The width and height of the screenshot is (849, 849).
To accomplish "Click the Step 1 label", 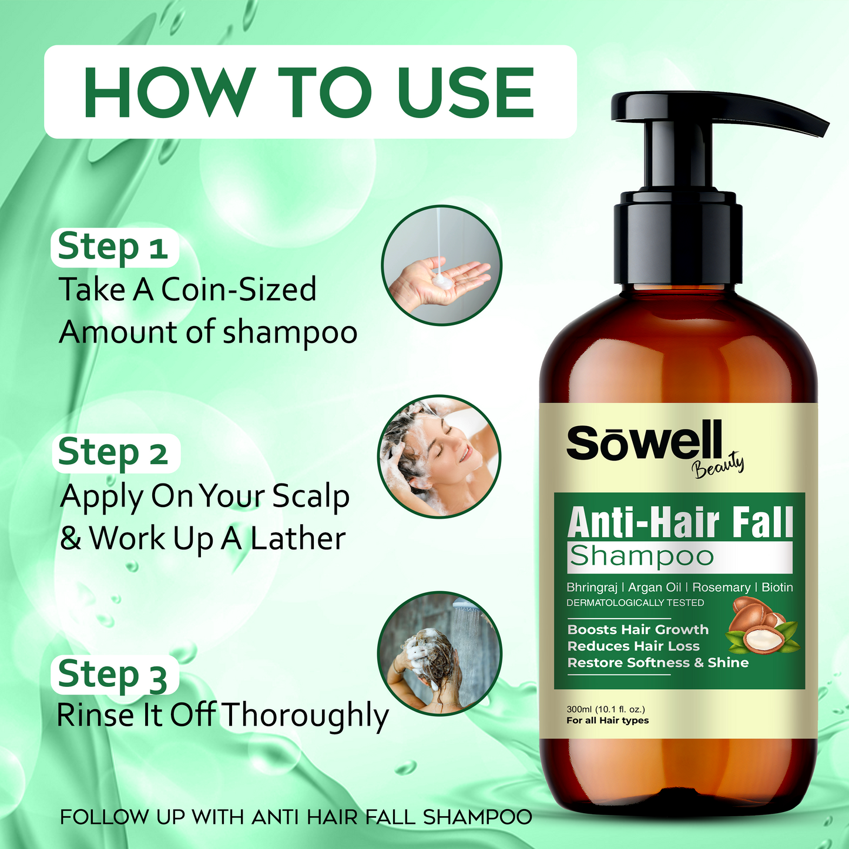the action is [113, 247].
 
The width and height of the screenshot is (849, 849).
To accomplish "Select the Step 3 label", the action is [113, 674].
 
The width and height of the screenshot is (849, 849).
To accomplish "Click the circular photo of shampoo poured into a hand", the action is [441, 265].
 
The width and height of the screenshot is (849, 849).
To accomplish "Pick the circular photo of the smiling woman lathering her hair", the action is [439, 456].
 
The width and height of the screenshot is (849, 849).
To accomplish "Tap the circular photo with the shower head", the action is [439, 653].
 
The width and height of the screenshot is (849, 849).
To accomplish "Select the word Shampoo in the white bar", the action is [641, 558].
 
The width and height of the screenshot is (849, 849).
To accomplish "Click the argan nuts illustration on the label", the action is [762, 626].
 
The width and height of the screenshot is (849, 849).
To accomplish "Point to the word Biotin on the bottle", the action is [777, 588].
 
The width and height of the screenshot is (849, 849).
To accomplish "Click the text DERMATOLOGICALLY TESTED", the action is [635, 603].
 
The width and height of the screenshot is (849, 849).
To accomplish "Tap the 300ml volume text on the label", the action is [606, 709].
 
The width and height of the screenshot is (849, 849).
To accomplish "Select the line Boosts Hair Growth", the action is [638, 630].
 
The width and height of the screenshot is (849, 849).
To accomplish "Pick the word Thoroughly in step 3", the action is [304, 717].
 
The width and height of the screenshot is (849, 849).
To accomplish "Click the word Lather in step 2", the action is [298, 538].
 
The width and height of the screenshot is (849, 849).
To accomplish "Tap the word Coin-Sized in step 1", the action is [239, 290].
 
